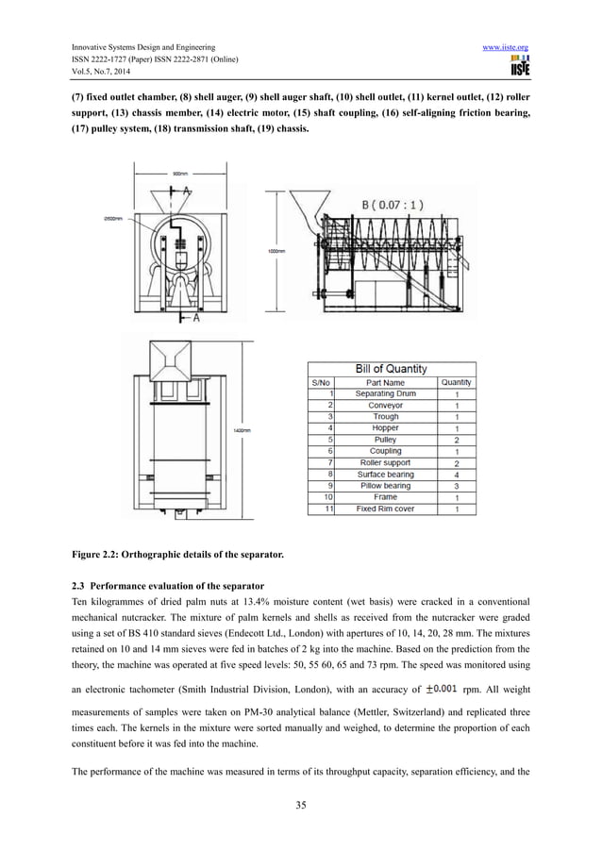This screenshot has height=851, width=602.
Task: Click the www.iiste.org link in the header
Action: [503, 46]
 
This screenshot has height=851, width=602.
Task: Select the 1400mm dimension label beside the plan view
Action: [242, 430]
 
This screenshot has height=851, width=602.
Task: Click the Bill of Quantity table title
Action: [391, 368]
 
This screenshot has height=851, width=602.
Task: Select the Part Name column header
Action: [385, 382]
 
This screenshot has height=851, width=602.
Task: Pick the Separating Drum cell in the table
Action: [385, 393]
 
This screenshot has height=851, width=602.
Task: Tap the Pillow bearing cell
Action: [385, 485]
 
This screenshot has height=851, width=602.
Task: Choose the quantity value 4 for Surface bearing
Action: [457, 474]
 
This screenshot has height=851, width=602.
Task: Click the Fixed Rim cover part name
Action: [385, 509]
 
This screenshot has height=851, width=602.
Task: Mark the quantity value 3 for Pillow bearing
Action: [457, 485]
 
